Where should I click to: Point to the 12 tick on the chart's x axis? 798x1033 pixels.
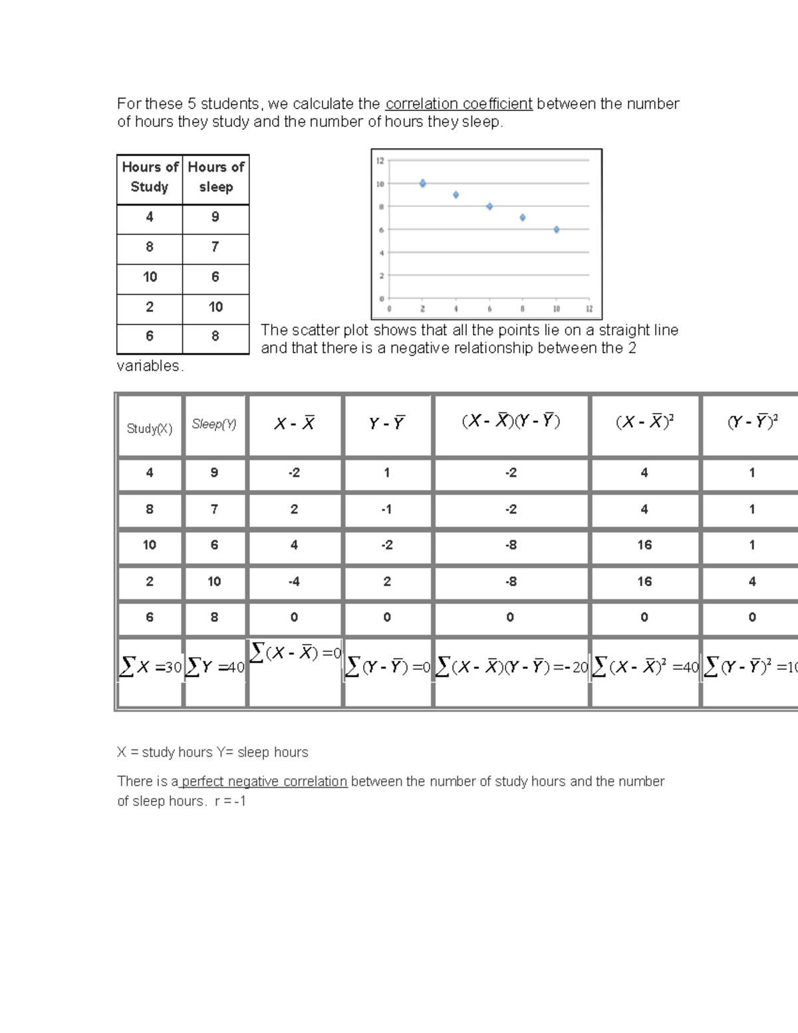coord(589,309)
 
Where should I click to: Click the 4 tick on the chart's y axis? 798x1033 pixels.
coord(382,253)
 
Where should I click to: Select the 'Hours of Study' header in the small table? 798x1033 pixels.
coord(150,177)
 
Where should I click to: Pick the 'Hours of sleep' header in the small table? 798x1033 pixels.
coord(215,177)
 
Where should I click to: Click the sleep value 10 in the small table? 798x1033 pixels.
coord(215,307)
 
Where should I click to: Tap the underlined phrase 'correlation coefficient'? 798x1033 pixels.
coord(459,104)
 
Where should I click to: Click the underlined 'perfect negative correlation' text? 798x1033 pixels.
coord(264,782)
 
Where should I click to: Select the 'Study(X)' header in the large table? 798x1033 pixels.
coord(150,429)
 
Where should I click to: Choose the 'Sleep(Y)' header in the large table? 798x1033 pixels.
coord(214,424)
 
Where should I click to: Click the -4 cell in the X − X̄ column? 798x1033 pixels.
coord(294,581)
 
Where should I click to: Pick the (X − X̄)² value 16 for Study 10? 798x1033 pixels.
coord(644,545)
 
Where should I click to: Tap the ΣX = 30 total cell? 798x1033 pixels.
coord(150,667)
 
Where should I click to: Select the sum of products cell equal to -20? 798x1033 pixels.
coord(511,667)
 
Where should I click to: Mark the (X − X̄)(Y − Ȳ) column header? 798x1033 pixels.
coord(511,422)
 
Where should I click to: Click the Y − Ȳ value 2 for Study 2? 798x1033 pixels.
coord(387,581)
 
